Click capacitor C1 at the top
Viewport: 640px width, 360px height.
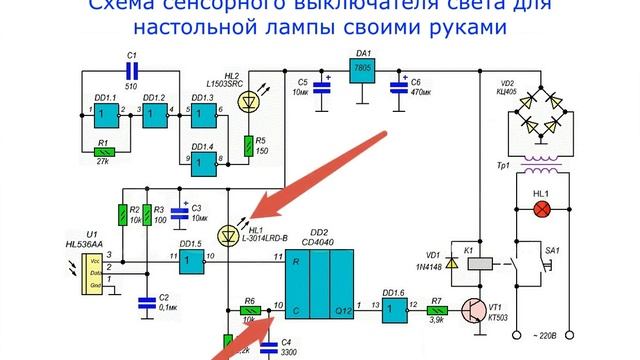coord(131,70)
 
